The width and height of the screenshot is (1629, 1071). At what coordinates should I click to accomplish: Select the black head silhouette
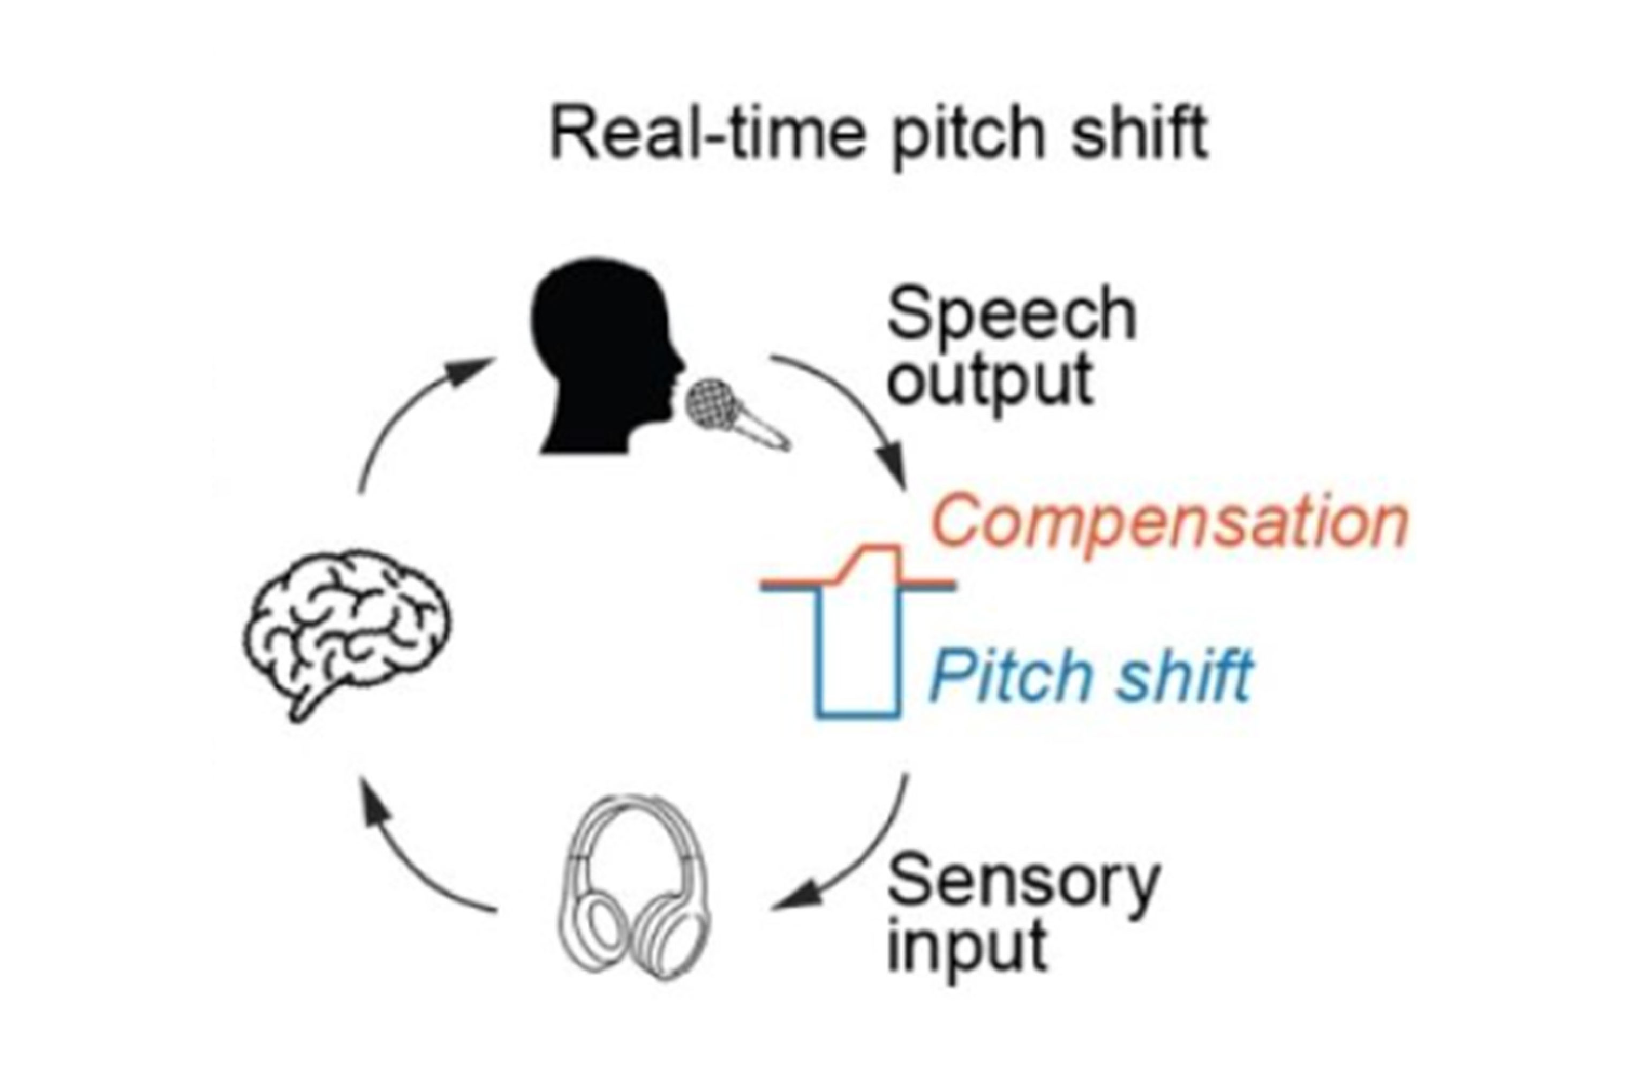tap(602, 356)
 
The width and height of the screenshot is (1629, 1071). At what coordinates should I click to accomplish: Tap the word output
tap(989, 382)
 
